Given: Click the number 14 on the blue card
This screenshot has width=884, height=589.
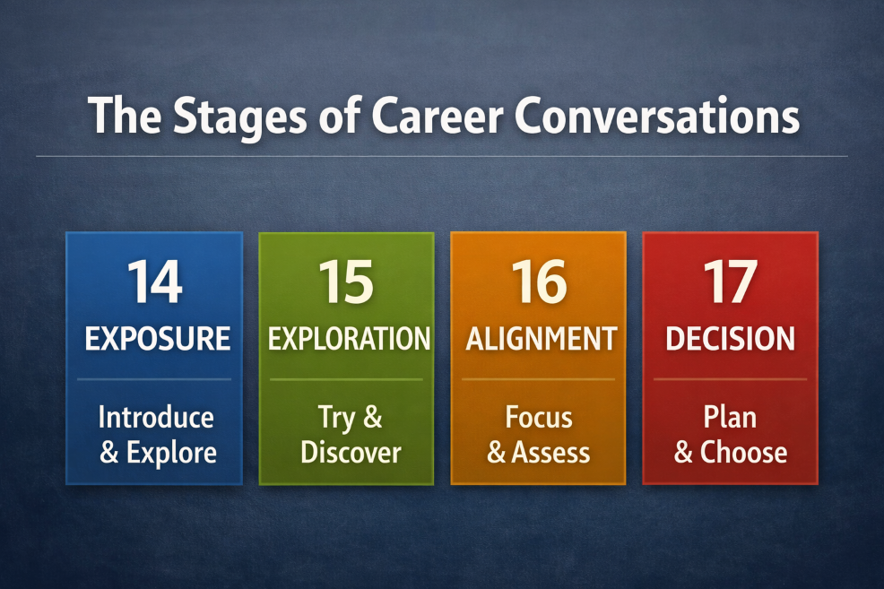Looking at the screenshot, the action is (154, 282).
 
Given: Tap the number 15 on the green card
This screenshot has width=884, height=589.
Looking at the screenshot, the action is (346, 282).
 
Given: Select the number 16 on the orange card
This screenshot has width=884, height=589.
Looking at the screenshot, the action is (539, 282).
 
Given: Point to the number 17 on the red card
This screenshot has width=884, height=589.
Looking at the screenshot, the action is (730, 282).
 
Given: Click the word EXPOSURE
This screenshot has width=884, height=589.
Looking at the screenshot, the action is (157, 339).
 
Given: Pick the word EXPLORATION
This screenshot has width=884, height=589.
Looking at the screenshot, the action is (349, 339).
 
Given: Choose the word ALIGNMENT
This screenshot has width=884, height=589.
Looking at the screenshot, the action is (542, 339).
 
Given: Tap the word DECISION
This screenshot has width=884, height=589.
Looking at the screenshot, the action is (730, 339).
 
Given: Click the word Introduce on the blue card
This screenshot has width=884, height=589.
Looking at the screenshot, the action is (156, 418).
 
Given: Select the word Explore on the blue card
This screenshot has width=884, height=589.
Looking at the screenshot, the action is (171, 453).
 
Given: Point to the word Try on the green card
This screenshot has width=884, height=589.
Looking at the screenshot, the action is (336, 419).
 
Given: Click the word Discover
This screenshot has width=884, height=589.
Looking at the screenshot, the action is (351, 453).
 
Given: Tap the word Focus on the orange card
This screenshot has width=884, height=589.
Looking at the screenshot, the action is (539, 418).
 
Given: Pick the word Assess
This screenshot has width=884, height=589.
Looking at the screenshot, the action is (550, 453).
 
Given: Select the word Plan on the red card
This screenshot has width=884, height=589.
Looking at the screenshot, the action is (730, 418).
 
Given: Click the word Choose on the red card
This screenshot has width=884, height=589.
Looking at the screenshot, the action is (743, 453).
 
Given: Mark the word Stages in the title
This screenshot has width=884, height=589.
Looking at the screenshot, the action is (239, 117).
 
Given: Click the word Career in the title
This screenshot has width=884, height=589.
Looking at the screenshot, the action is (437, 117).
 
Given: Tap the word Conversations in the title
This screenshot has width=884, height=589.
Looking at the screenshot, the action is (657, 117).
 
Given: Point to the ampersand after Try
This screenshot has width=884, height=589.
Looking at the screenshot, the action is (373, 418).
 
